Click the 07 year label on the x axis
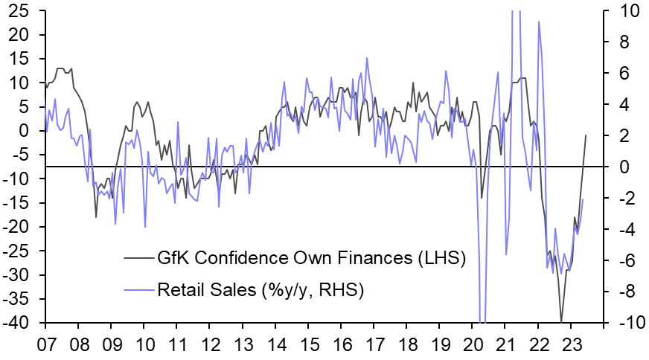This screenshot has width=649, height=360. (46, 344)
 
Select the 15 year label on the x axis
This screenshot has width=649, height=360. (307, 344)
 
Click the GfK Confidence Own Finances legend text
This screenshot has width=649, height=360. (311, 259)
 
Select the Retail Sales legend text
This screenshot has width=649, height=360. (260, 289)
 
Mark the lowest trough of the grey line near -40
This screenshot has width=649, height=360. (561, 321)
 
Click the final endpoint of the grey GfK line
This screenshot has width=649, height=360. (586, 135)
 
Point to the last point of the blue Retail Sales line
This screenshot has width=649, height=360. (583, 199)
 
